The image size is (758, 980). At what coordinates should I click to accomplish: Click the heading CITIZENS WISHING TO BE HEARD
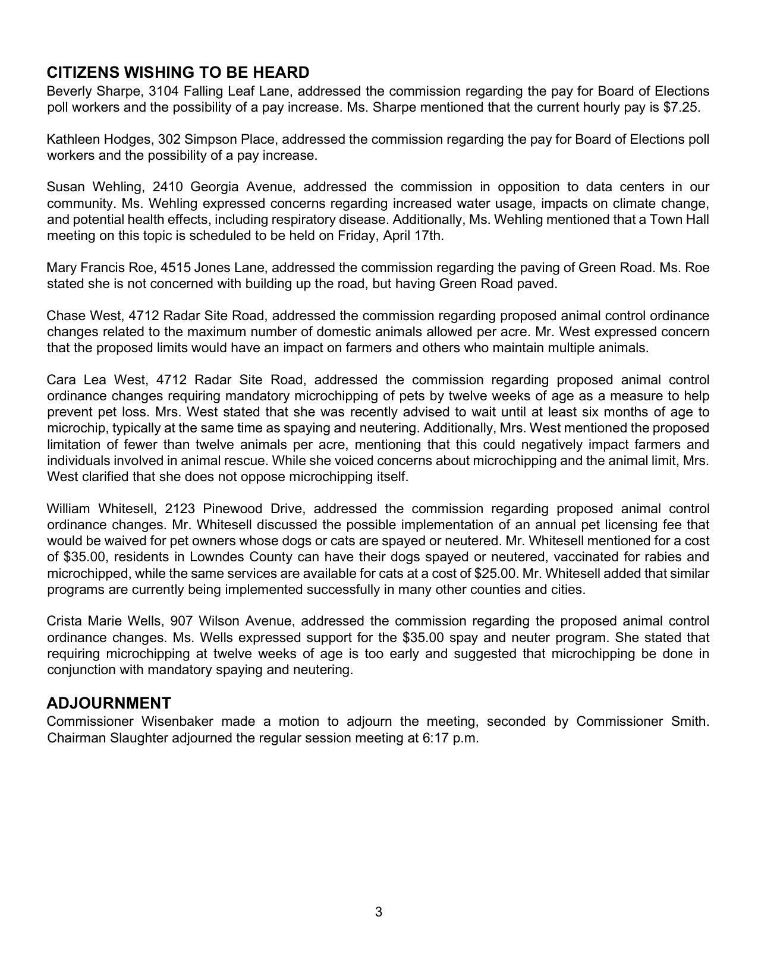(178, 72)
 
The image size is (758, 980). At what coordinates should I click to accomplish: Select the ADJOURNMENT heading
(109, 703)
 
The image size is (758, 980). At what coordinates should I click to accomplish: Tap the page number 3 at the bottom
(379, 912)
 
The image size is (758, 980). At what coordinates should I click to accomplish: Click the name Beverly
(70, 91)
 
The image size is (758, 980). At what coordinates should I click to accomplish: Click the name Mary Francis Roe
(100, 267)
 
